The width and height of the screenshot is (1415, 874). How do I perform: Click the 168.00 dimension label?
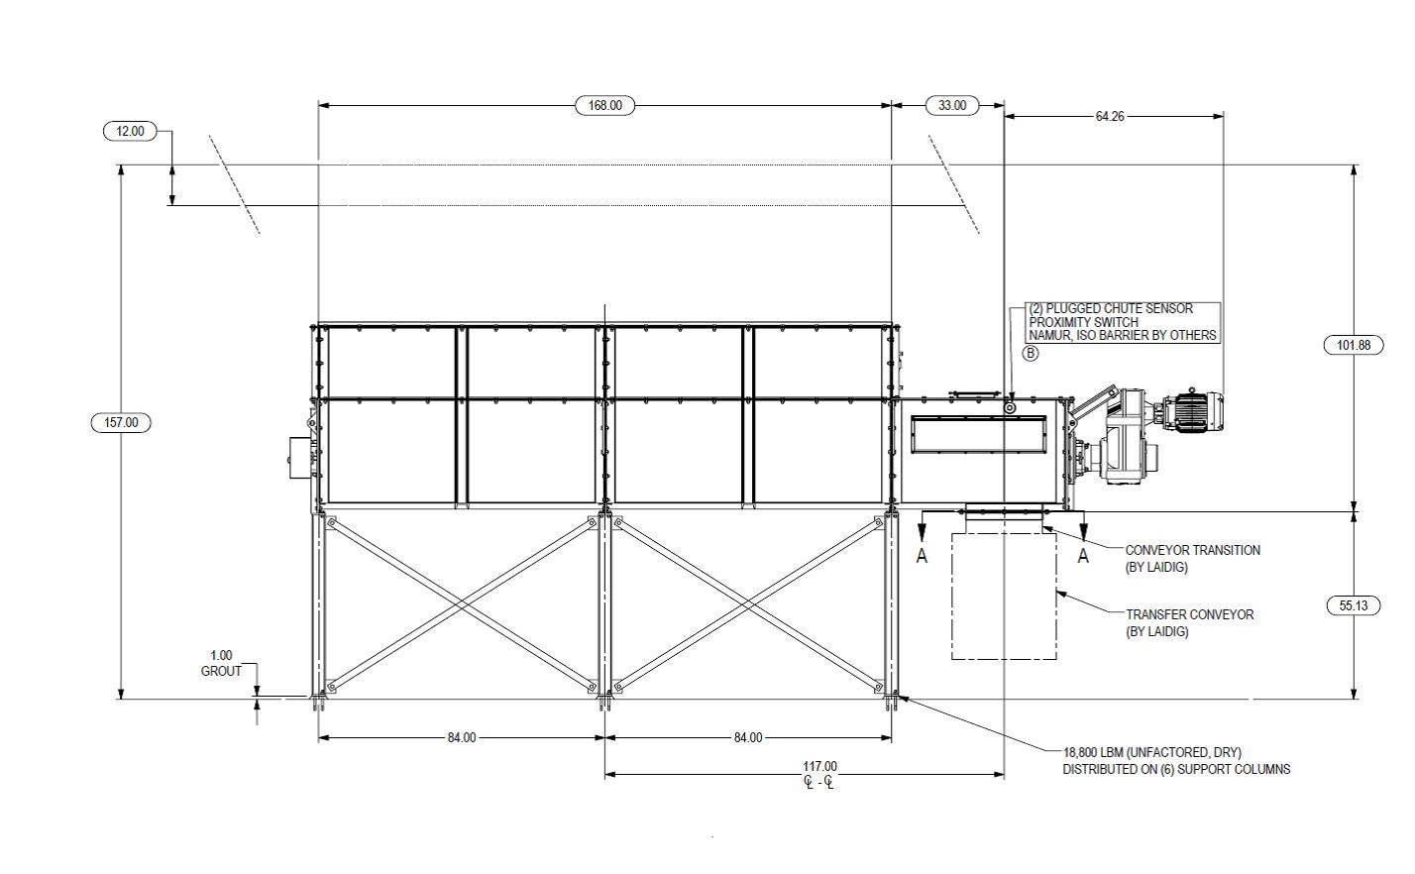click(604, 105)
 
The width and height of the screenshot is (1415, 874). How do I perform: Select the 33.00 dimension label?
click(951, 105)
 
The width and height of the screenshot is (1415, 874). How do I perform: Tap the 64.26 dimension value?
click(1109, 116)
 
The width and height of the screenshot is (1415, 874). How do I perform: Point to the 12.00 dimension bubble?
click(130, 131)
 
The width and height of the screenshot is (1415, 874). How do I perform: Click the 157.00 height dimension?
click(121, 423)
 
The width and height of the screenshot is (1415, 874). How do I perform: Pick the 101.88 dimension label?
click(1353, 345)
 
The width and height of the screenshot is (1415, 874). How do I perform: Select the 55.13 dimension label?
click(1353, 605)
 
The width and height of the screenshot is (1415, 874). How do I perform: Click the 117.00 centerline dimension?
click(819, 767)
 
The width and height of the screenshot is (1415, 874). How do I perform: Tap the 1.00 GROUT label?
click(222, 663)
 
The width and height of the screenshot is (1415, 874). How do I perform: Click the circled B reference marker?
click(1031, 353)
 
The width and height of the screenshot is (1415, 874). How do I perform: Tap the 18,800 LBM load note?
click(1176, 761)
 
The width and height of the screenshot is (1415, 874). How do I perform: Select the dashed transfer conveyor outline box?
click(1004, 596)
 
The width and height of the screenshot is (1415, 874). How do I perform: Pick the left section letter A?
click(922, 556)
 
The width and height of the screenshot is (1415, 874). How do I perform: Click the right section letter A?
click(1083, 556)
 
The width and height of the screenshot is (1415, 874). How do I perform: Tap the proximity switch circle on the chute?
click(1010, 407)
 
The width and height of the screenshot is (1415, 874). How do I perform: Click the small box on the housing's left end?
click(298, 458)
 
